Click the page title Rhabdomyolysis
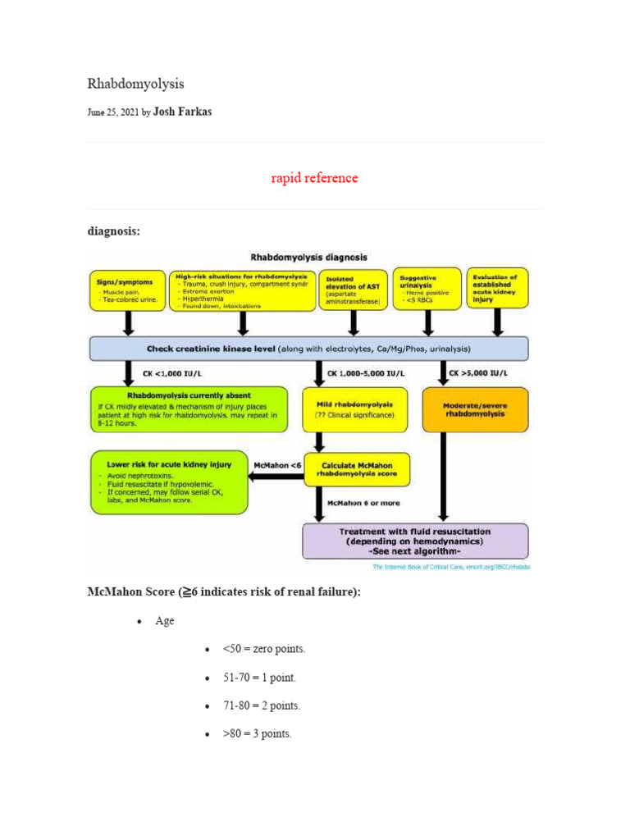135,84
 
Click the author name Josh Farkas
182,112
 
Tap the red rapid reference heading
314,178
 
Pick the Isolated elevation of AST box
352,290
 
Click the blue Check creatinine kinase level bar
308,349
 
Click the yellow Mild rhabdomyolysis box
355,409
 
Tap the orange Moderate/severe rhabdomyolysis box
475,409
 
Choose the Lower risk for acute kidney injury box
168,482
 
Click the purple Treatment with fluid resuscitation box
415,541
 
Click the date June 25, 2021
113,112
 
